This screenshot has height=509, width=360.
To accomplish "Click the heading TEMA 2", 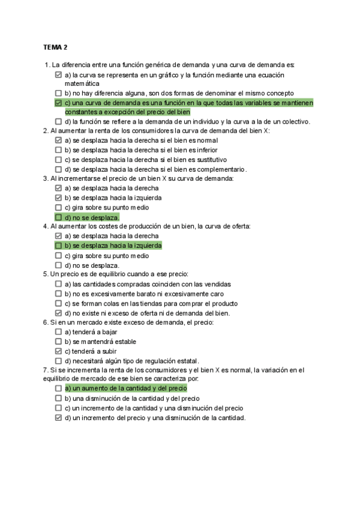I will pos(55,47).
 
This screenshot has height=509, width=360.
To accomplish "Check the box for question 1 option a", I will pos(58,75).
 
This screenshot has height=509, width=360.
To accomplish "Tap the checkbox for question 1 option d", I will pos(58,121).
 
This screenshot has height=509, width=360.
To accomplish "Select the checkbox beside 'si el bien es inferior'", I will pos(58,150).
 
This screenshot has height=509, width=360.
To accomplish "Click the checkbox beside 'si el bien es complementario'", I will pos(58,169).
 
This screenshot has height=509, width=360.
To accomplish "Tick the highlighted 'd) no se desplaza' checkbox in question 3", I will pos(58,217).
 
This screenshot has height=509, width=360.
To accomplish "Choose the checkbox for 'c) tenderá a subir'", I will pos(58,351).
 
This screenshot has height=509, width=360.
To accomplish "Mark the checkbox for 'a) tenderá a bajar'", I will pos(58,332).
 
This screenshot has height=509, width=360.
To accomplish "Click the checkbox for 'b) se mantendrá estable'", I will pos(58,342).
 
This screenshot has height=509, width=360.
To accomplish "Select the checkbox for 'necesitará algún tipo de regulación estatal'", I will pos(58,361).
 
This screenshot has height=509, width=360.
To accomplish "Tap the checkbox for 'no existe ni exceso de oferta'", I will pos(58,313).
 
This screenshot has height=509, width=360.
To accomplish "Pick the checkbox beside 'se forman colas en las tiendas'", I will pos(58,303).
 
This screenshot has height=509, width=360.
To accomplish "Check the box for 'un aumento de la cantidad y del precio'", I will pos(58,388).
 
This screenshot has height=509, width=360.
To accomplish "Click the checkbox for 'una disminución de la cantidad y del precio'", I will pos(58,398).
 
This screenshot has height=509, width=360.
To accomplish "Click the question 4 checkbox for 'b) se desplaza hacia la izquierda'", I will pos(58,245).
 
